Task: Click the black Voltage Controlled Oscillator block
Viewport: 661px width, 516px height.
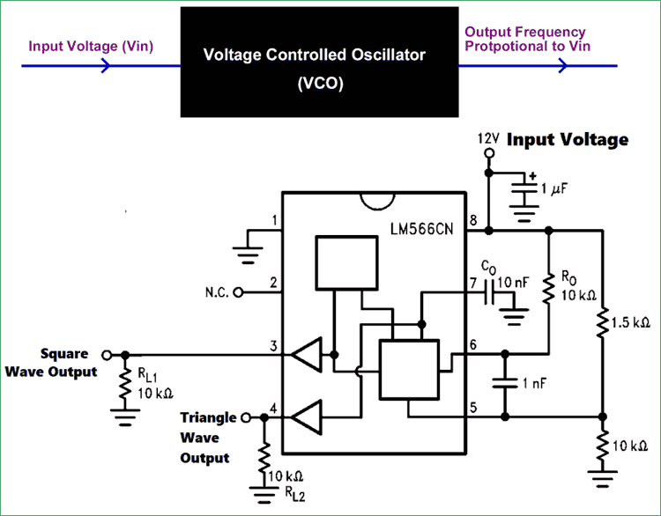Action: pyautogui.click(x=319, y=62)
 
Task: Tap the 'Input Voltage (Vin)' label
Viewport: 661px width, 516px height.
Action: pyautogui.click(x=91, y=45)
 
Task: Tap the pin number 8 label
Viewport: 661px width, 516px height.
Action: pyautogui.click(x=474, y=220)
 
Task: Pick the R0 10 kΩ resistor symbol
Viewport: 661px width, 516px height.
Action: pyautogui.click(x=548, y=286)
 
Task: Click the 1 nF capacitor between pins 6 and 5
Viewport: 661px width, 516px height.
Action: pyautogui.click(x=505, y=384)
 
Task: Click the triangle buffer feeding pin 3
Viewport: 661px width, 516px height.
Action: pyautogui.click(x=306, y=356)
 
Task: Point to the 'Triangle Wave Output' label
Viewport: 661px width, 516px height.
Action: pyautogui.click(x=208, y=437)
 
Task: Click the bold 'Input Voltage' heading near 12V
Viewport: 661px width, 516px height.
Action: pyautogui.click(x=568, y=139)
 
